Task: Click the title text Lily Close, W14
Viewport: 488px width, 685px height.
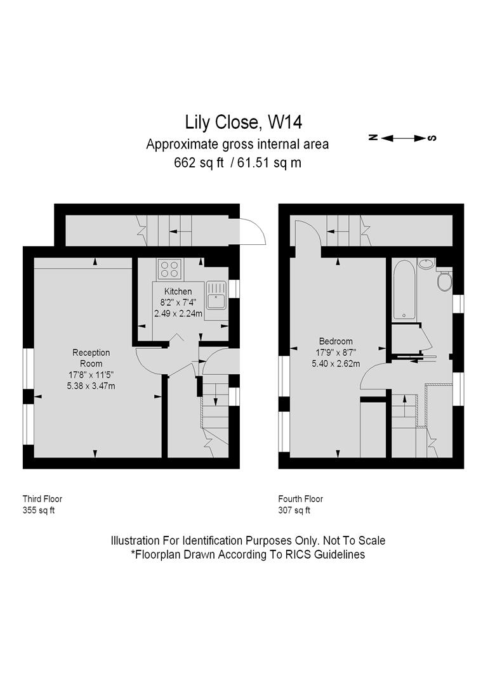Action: [244, 122]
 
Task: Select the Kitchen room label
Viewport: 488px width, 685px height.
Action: [178, 291]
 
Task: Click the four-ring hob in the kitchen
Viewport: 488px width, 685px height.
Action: [170, 269]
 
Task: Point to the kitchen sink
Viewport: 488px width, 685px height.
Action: [216, 296]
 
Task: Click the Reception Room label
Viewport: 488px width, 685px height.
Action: [91, 358]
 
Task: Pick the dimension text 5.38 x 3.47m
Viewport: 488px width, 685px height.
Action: [91, 386]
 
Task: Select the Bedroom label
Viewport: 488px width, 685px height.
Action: [336, 341]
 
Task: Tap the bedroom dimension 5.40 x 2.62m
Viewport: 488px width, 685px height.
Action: [336, 363]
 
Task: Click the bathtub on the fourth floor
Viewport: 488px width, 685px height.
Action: [403, 290]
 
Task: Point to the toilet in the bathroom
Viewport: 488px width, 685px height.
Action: [444, 280]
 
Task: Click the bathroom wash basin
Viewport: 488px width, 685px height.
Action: [425, 263]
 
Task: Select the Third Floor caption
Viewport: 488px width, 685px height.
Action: [43, 499]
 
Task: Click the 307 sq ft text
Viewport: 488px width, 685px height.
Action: [294, 510]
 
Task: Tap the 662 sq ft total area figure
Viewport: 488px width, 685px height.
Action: [199, 163]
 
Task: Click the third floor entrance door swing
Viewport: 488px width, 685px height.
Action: [253, 231]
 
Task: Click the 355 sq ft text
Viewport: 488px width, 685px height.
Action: [39, 510]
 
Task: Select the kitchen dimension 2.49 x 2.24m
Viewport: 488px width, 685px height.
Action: [178, 313]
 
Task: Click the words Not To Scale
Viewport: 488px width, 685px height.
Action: [354, 540]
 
